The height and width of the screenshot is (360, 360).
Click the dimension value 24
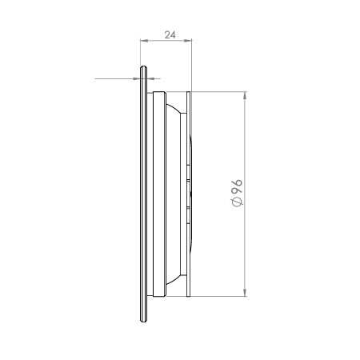pyautogui.click(x=170, y=35)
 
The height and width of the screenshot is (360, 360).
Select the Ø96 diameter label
pyautogui.click(x=237, y=193)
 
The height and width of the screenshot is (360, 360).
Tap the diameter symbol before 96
pyautogui.click(x=238, y=202)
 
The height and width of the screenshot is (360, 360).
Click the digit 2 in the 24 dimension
pyautogui.click(x=167, y=35)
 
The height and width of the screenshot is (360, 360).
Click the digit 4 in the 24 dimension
pyautogui.click(x=173, y=35)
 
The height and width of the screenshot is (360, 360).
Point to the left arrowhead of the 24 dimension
pyautogui.click(x=144, y=41)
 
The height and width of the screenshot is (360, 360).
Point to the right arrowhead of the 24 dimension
pyautogui.click(x=188, y=41)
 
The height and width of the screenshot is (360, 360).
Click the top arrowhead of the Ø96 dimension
pyautogui.click(x=245, y=95)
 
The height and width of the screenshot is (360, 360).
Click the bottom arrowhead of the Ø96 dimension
pyautogui.click(x=245, y=292)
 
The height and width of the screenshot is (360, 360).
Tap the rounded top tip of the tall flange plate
pyautogui.click(x=143, y=66)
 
